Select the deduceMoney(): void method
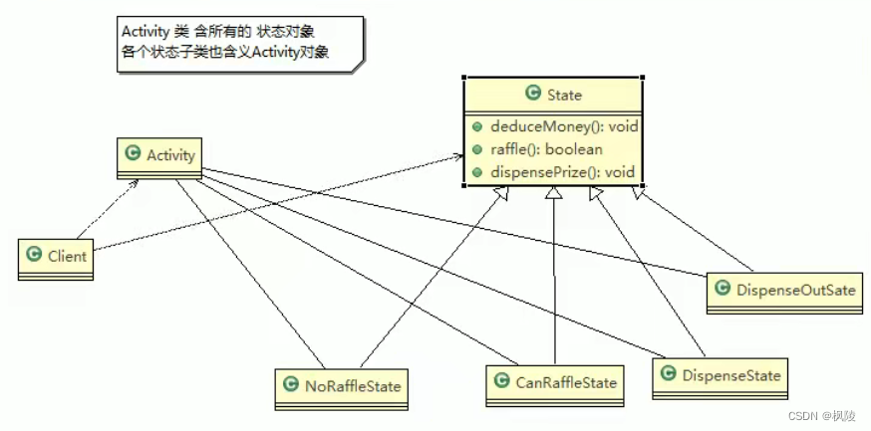(562, 126)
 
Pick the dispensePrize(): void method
(562, 172)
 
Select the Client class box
(56, 257)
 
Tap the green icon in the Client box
(34, 257)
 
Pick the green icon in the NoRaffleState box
(290, 383)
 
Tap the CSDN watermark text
(797, 415)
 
